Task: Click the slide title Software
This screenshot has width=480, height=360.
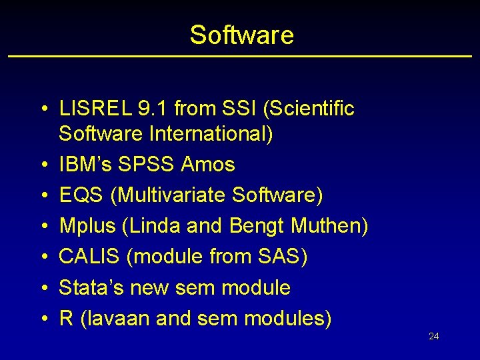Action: [x=241, y=35]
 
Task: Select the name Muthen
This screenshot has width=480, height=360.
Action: [x=329, y=226]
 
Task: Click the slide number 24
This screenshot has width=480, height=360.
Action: [x=433, y=337]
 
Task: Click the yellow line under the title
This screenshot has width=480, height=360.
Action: [x=240, y=56]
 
